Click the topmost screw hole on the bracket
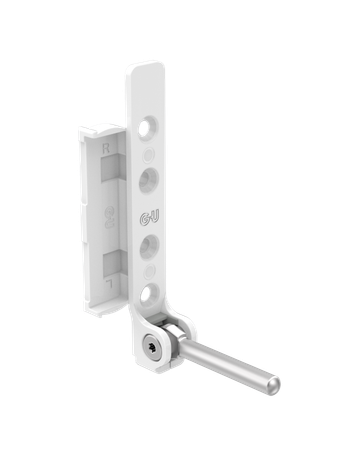pyautogui.click(x=146, y=127)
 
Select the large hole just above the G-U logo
pyautogui.click(x=148, y=181)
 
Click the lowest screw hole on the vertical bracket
pyautogui.click(x=148, y=293)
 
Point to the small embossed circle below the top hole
pyautogui.click(x=148, y=154)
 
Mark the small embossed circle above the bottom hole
pyautogui.click(x=148, y=270)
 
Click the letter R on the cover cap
pyautogui.click(x=108, y=149)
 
